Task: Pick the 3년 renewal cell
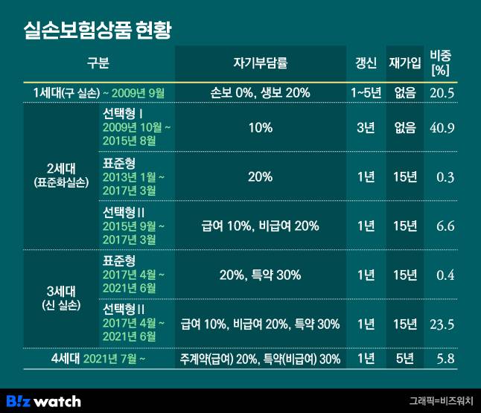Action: pos(366,127)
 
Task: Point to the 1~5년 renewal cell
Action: pos(366,93)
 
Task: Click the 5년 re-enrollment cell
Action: pos(405,359)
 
